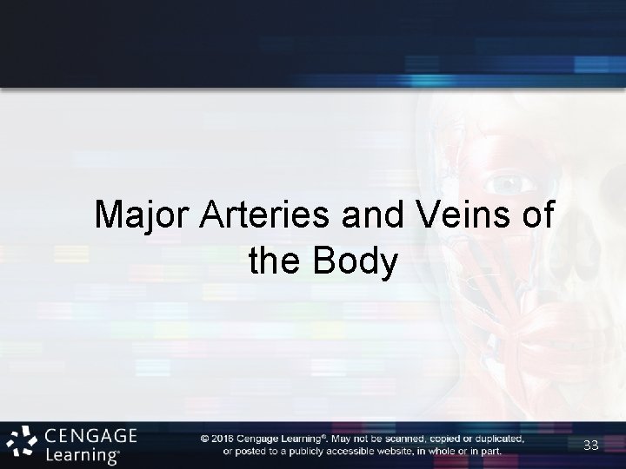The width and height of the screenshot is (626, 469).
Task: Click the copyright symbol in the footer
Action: (x=205, y=439)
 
